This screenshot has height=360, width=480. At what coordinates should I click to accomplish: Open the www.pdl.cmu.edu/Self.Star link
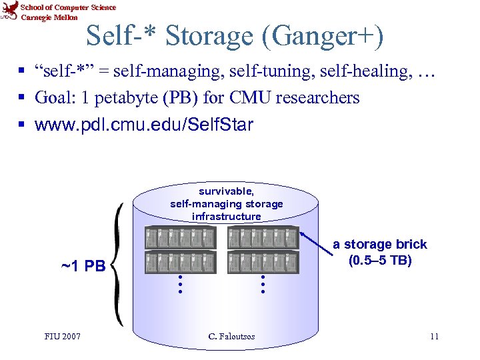[x=144, y=125]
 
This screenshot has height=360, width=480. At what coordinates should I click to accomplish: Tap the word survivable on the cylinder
[x=227, y=191]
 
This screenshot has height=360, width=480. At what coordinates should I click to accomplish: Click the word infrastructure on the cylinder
[x=227, y=217]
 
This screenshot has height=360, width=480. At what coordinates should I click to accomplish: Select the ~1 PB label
[x=83, y=267]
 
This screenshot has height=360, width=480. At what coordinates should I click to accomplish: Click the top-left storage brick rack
[x=180, y=238]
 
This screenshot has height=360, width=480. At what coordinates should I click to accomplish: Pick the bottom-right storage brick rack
[x=263, y=262]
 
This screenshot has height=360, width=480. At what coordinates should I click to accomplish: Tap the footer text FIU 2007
[x=63, y=336]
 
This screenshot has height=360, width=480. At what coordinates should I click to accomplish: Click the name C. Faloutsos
[x=231, y=336]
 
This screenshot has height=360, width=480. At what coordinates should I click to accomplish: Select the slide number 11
[x=434, y=336]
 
